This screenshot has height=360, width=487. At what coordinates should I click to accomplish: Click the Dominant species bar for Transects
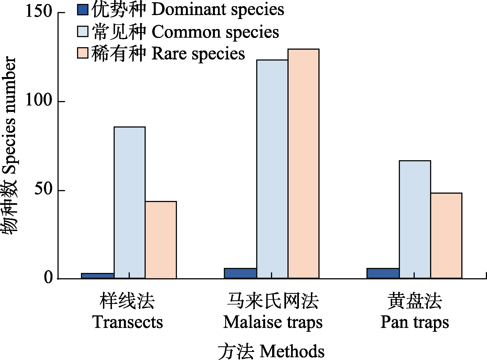(98, 276)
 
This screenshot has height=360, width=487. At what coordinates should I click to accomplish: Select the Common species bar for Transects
(129, 203)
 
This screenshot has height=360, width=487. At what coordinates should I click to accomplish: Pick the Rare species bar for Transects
(161, 240)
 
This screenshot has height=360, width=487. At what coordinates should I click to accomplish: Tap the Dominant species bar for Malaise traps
(240, 273)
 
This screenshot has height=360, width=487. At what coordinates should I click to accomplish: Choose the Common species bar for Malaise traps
(272, 169)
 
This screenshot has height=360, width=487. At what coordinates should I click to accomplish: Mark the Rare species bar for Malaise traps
(303, 164)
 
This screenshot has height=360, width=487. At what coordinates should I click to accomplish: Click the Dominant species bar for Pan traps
(383, 273)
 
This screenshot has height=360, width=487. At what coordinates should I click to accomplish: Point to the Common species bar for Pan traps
(415, 219)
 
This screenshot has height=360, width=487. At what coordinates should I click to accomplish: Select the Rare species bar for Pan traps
(446, 236)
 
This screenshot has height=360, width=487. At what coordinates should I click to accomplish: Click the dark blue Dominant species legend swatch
(83, 9)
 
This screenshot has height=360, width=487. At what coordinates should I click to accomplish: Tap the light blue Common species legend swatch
(83, 32)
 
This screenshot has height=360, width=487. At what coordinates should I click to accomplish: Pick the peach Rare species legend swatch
(83, 53)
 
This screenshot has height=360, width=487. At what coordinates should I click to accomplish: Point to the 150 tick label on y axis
(39, 12)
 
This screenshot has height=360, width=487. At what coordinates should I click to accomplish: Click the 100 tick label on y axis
(39, 101)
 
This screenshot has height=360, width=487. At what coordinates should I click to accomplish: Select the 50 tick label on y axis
(43, 190)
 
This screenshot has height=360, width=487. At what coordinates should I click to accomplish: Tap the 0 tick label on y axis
(48, 278)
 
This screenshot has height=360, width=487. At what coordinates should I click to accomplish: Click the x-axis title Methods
(271, 351)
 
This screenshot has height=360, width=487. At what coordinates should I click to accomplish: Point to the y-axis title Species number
(9, 145)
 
